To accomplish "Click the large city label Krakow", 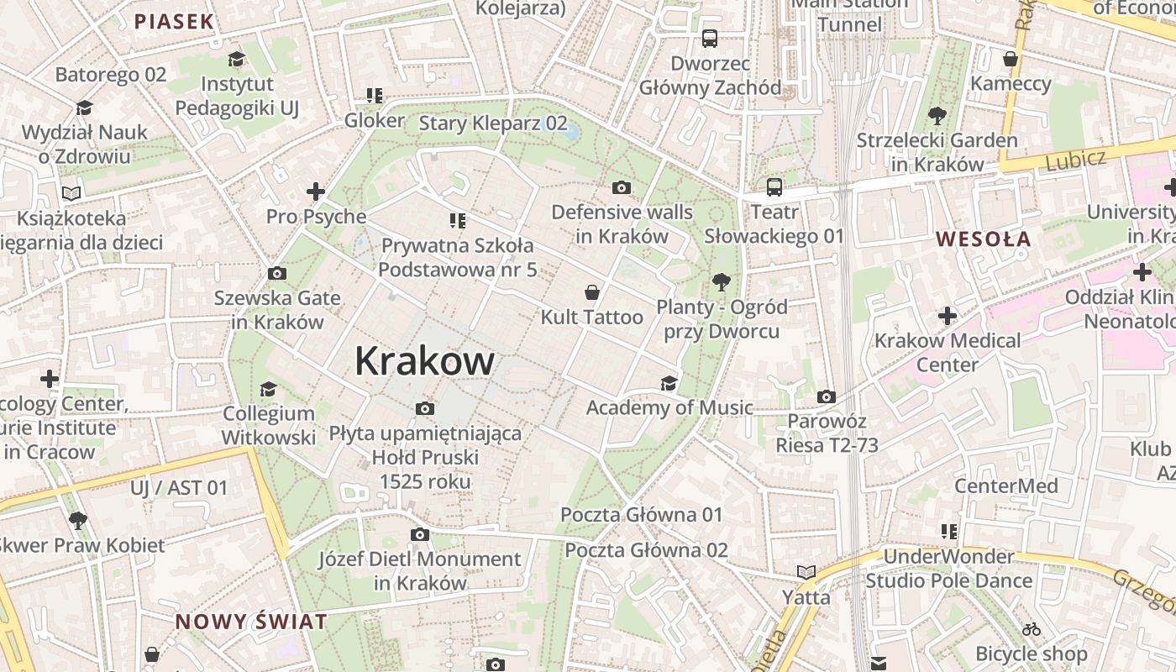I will (424, 361).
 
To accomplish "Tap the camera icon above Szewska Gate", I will (276, 274).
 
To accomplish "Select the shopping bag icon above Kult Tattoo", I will (592, 292).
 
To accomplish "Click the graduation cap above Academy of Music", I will (669, 384).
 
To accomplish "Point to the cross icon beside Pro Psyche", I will (316, 192).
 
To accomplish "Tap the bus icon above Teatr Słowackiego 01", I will (774, 187).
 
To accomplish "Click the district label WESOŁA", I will (983, 239).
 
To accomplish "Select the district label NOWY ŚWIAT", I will (250, 622).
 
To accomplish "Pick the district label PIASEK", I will (175, 22).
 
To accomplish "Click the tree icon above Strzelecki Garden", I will (937, 116).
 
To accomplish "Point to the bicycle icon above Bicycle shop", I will (1032, 629).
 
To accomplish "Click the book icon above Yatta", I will (806, 573).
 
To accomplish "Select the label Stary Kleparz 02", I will (493, 123).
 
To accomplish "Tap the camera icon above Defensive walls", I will (622, 187).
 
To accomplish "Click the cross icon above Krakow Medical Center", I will (948, 317).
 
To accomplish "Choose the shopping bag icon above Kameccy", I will (1011, 59).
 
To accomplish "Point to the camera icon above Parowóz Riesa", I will (827, 396).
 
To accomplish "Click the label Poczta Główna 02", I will (646, 550).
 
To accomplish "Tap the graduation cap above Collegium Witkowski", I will (269, 389).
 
